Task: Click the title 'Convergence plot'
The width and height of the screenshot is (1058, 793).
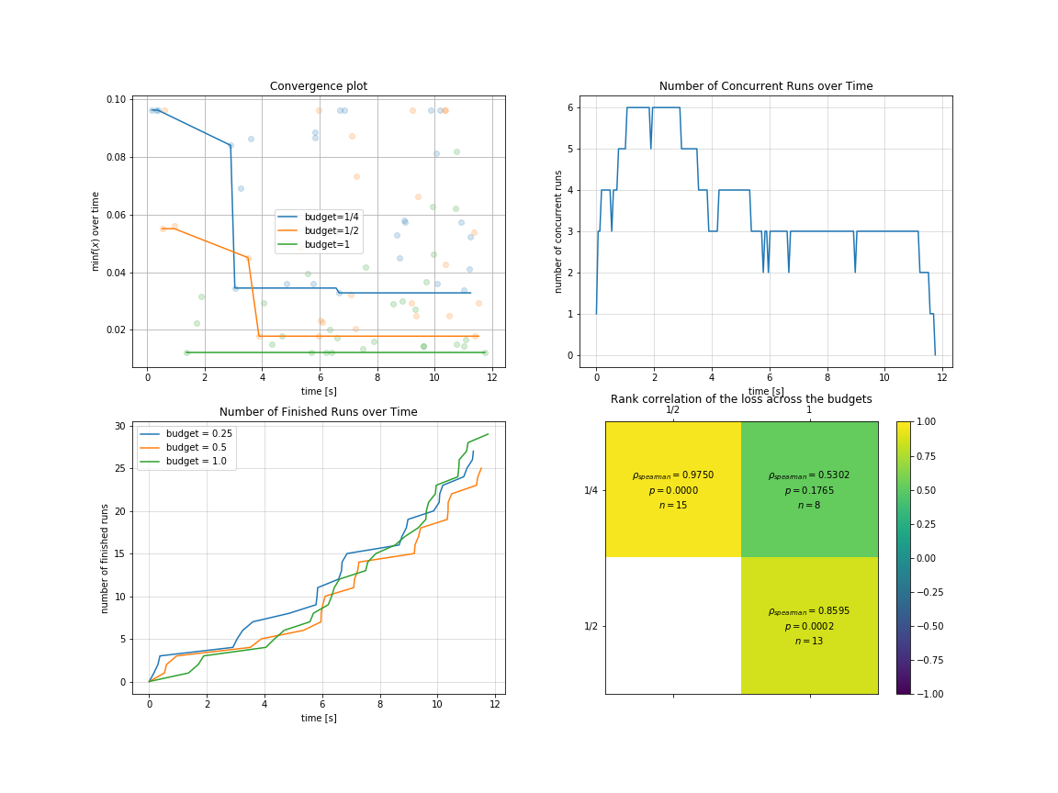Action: pyautogui.click(x=318, y=86)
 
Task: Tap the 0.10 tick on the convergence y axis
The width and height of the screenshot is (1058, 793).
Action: pyautogui.click(x=116, y=99)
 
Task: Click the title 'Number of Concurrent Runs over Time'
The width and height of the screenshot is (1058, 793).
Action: pyautogui.click(x=766, y=86)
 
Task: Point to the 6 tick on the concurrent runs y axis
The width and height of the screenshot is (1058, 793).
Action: pyautogui.click(x=570, y=107)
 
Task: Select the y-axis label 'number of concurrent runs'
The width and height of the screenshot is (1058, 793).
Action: pyautogui.click(x=558, y=231)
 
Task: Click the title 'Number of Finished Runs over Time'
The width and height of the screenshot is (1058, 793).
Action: pyautogui.click(x=318, y=412)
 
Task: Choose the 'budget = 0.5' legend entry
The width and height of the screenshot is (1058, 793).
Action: pyautogui.click(x=200, y=448)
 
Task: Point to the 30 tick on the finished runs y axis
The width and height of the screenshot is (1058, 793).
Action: pyautogui.click(x=119, y=426)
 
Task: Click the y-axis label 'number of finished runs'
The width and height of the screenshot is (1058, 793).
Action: pyautogui.click(x=105, y=558)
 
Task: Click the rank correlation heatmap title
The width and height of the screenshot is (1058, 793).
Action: pyautogui.click(x=741, y=399)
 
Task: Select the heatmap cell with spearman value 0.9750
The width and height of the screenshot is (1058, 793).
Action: pyautogui.click(x=673, y=489)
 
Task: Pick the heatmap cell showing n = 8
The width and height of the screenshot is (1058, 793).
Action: pyautogui.click(x=809, y=489)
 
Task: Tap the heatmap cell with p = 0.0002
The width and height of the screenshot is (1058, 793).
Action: pyautogui.click(x=809, y=625)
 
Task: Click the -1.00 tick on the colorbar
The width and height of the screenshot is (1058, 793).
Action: pyautogui.click(x=924, y=693)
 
